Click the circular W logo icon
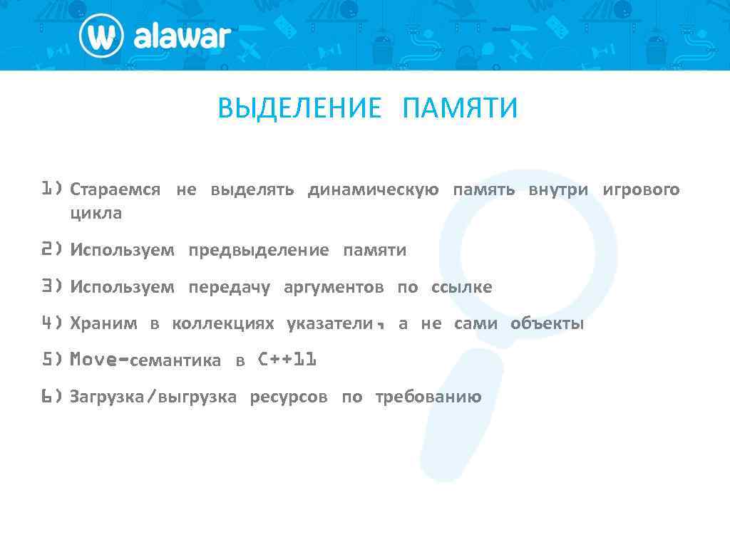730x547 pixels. click(x=101, y=36)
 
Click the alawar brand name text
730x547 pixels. click(x=182, y=36)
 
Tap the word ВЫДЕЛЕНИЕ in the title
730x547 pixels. click(x=299, y=109)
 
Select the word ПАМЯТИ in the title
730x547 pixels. click(x=460, y=109)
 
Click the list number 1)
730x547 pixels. click(x=52, y=189)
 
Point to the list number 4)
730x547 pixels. click(x=52, y=323)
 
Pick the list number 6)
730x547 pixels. click(x=52, y=397)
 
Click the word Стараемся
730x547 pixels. click(x=115, y=190)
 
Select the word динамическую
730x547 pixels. click(x=373, y=190)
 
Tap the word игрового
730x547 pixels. click(x=641, y=190)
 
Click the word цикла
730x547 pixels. click(x=96, y=213)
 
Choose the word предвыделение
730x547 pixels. click(x=259, y=250)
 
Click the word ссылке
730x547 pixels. click(x=461, y=287)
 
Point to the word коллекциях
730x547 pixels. click(x=222, y=324)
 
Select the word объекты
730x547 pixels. click(x=547, y=324)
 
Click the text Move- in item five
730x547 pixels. click(x=99, y=360)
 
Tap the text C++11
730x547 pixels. click(x=287, y=360)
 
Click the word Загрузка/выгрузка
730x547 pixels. click(x=153, y=397)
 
